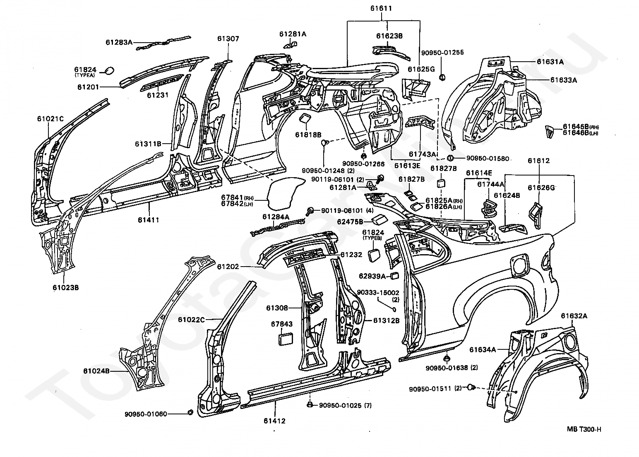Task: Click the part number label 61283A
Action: point(119,42)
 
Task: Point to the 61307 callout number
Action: point(228,38)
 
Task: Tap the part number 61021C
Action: point(50,119)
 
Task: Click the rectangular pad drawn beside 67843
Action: point(285,339)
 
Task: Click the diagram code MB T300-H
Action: point(584,429)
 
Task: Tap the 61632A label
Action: point(574,316)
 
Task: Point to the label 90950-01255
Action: point(442,53)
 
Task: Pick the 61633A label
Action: point(563,80)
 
